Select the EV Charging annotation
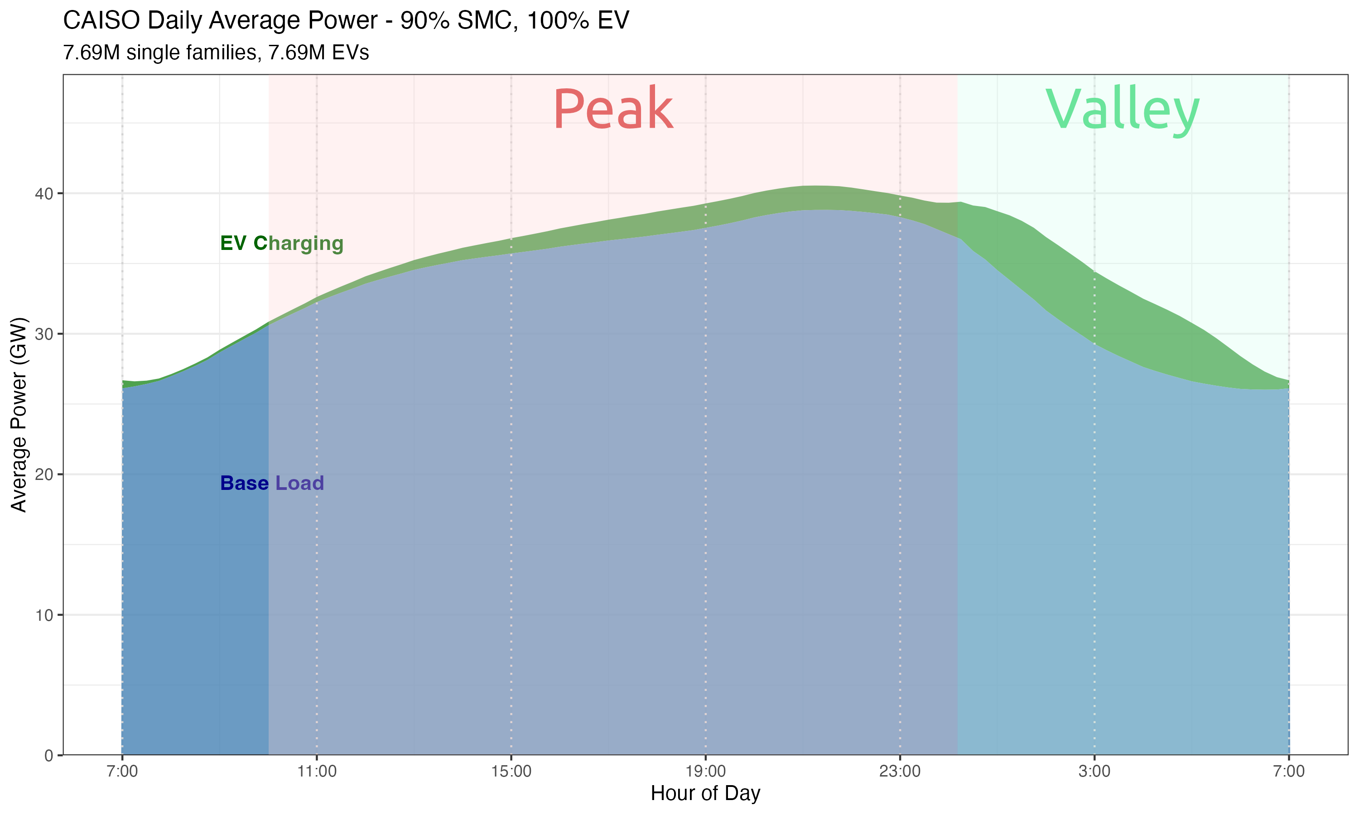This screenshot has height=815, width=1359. (x=281, y=243)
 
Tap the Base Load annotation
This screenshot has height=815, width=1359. (x=272, y=483)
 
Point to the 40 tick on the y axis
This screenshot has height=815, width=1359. (x=44, y=194)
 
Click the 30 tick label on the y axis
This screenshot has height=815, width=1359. (x=44, y=334)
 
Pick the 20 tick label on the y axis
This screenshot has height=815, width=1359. (x=44, y=475)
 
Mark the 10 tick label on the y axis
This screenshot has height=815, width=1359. (x=44, y=615)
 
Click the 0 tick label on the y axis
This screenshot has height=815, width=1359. (x=49, y=756)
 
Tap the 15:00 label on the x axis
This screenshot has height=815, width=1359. (x=511, y=772)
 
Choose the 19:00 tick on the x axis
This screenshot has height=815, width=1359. (x=705, y=772)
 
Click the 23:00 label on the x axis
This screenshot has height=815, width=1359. (x=900, y=772)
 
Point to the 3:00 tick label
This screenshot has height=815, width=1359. (x=1094, y=772)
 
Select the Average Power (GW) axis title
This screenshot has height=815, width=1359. (x=19, y=415)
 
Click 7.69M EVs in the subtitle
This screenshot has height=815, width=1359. (x=318, y=53)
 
